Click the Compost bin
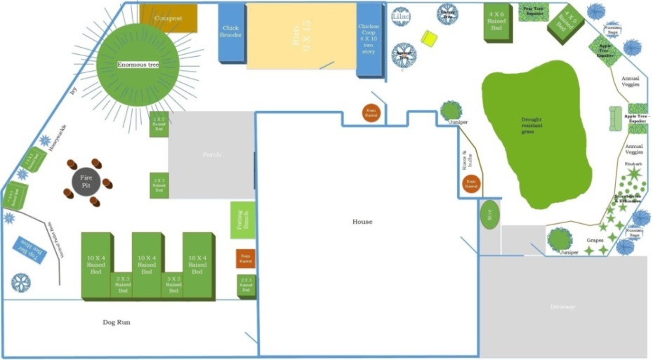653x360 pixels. tap(168, 18)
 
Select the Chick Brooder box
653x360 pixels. tap(231, 32)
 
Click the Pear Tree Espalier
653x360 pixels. tap(535, 12)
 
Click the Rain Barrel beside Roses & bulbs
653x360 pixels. tap(472, 185)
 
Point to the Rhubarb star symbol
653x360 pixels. tap(634, 173)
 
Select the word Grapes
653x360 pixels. tap(595, 240)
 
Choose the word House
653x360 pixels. tap(362, 222)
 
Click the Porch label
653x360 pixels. tap(212, 154)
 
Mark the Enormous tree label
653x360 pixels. tap(138, 65)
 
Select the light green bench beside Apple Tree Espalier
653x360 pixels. tap(616, 119)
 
